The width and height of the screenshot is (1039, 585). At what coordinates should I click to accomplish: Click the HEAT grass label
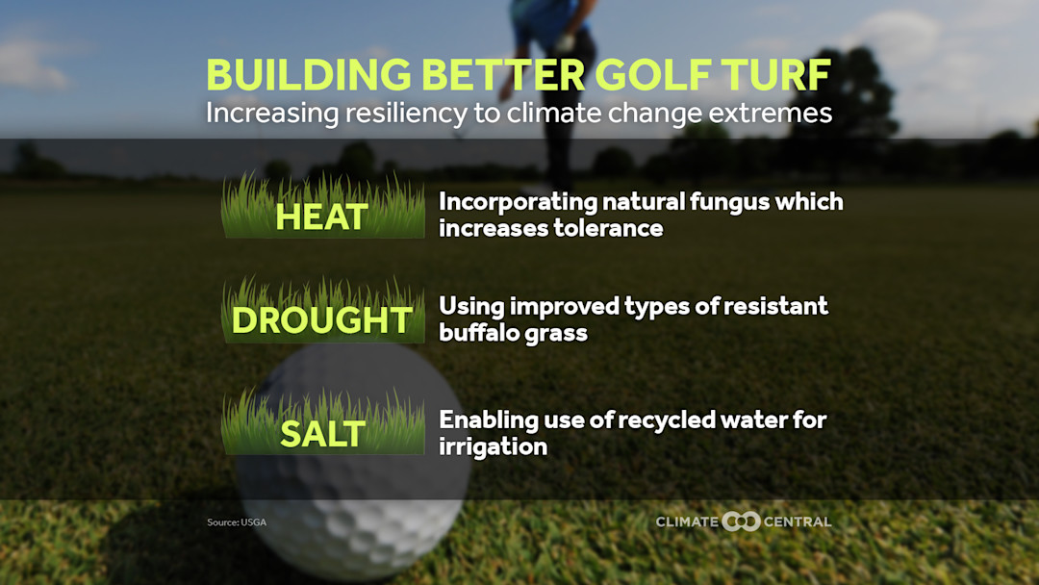[322, 216]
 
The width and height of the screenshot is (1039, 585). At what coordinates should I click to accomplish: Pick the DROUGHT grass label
[322, 320]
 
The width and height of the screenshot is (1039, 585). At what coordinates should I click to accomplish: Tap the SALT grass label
[322, 433]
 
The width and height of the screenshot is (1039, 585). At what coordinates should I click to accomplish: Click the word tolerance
[608, 228]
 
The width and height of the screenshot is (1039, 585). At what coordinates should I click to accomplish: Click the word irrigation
[493, 446]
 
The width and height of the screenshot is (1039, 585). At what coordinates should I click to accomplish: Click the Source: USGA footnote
[237, 522]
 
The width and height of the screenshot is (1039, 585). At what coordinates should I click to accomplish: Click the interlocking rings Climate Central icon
[742, 521]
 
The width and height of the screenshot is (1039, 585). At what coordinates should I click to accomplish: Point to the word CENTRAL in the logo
[798, 521]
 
